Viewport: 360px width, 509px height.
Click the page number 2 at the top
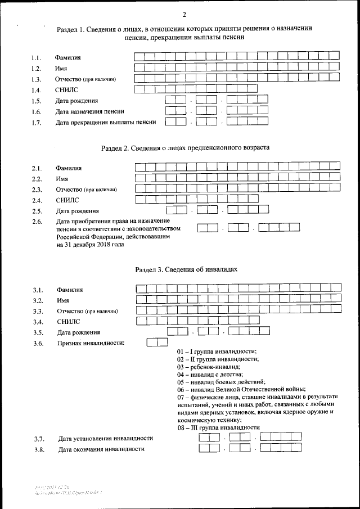[184, 14]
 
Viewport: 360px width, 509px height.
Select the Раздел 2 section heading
[185, 148]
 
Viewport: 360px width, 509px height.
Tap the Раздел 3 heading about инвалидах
[186, 269]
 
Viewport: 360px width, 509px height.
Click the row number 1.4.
[37, 90]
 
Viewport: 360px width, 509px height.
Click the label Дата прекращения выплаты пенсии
[105, 122]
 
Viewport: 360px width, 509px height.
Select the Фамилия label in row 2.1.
[69, 168]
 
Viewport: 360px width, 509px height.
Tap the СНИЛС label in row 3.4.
[69, 322]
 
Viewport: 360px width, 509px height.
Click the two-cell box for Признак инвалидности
[157, 341]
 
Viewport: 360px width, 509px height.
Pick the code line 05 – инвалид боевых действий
[222, 381]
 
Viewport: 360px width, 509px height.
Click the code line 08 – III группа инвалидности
[218, 427]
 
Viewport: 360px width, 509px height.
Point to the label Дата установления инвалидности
[106, 439]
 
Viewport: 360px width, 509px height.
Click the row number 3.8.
[39, 449]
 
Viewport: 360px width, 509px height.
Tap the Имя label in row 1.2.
[61, 68]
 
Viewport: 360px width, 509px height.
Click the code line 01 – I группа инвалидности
[217, 351]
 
